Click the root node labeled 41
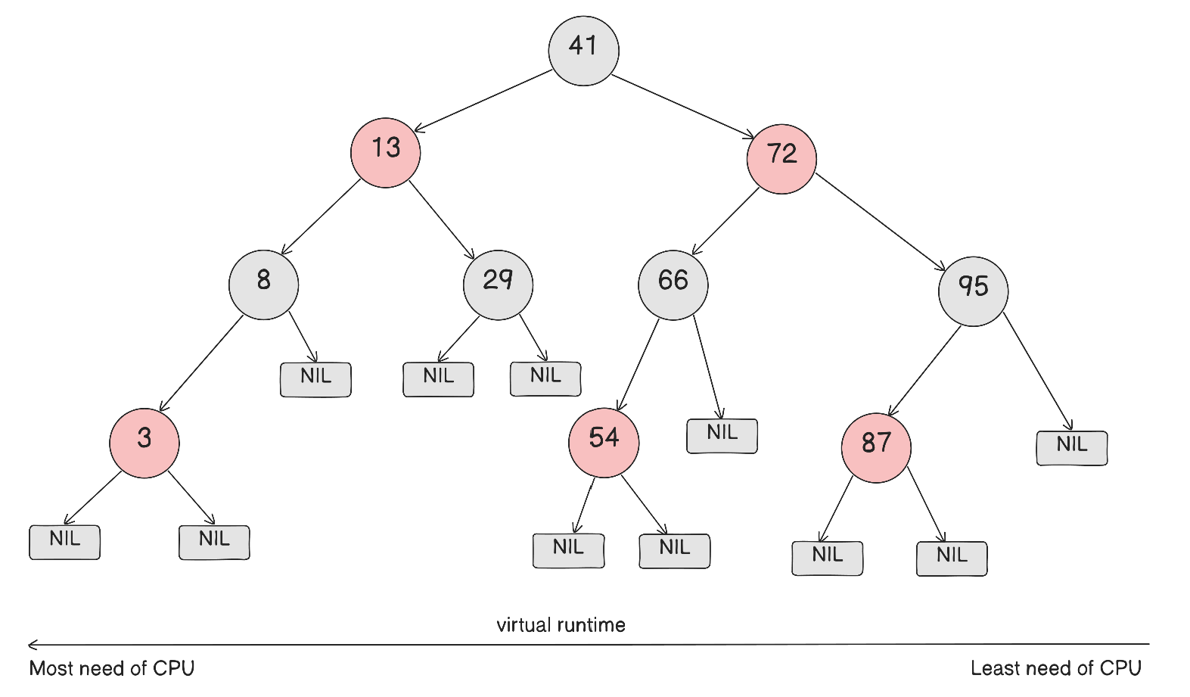[583, 50]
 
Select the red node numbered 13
[386, 152]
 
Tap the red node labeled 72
[781, 159]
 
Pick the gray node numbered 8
[263, 285]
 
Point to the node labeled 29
[498, 285]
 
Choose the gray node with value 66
[673, 285]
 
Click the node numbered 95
[973, 291]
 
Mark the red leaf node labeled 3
[144, 443]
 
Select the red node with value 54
[604, 443]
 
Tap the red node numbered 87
[876, 447]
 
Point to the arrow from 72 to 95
[881, 222]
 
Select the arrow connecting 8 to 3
[202, 363]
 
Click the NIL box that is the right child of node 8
[315, 380]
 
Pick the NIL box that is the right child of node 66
[722, 436]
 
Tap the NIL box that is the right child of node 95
[1071, 448]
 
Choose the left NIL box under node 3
[64, 542]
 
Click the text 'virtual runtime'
[561, 625]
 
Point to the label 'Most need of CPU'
[112, 668]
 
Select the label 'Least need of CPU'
[1055, 668]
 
